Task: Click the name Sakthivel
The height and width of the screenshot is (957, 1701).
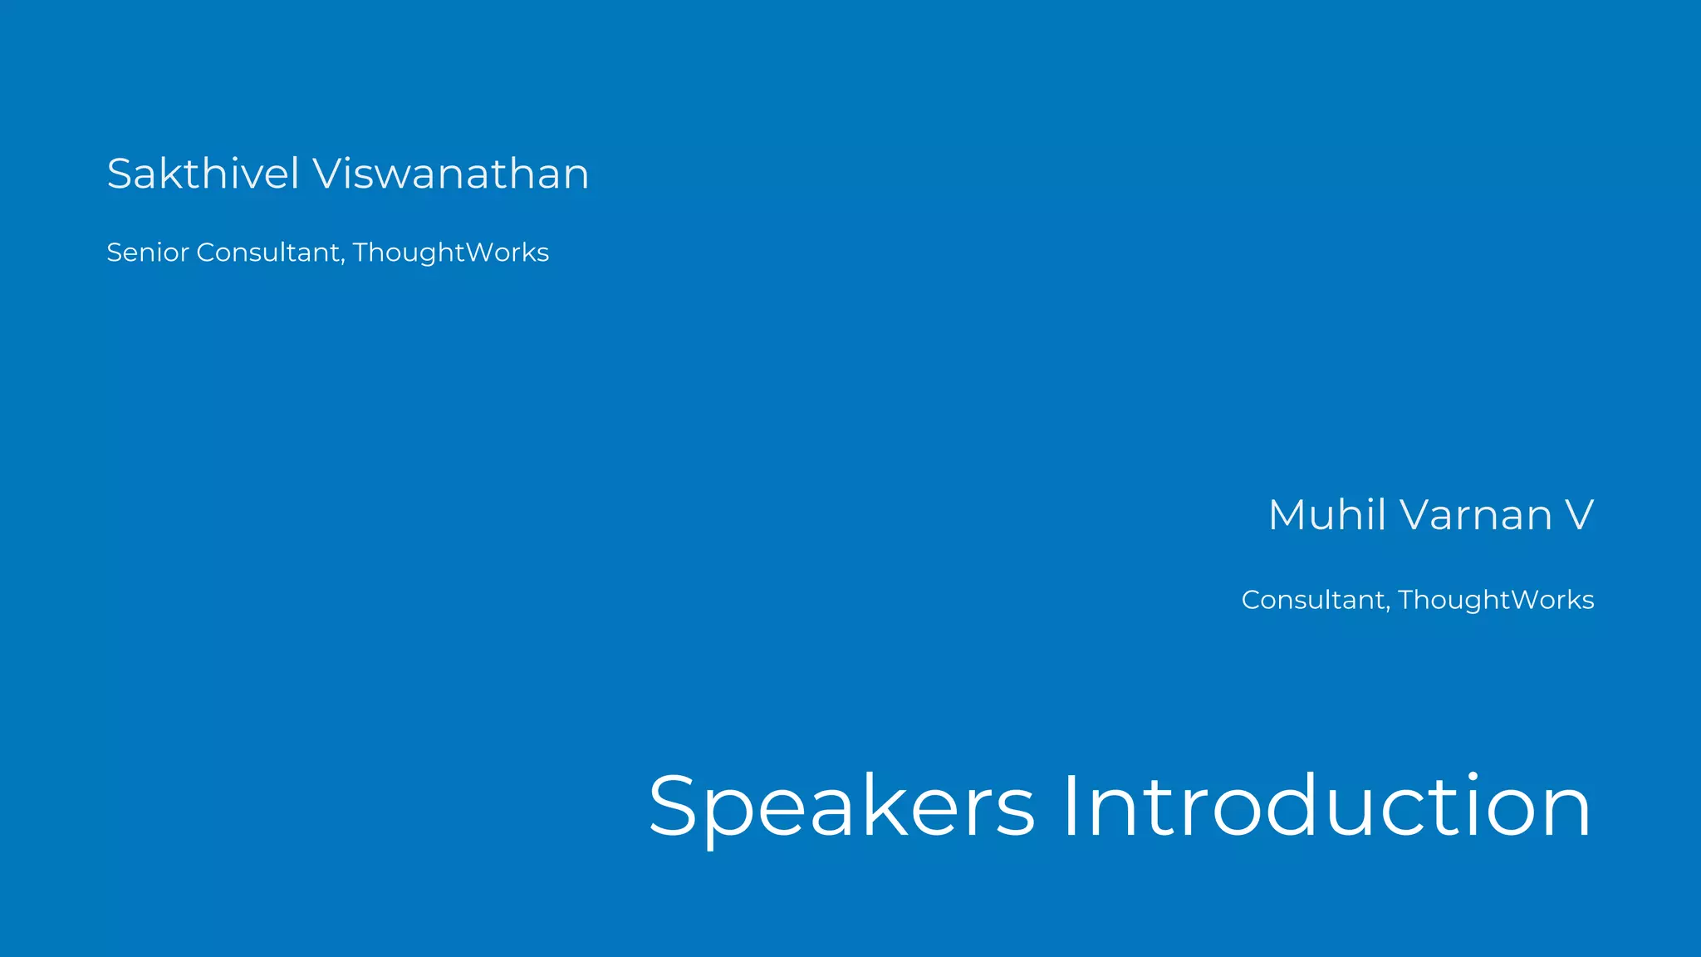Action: [203, 174]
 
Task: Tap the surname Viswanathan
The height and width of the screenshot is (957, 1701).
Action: [451, 174]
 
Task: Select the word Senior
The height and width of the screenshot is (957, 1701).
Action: [148, 252]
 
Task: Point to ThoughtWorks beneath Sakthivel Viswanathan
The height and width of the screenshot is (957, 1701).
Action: [451, 253]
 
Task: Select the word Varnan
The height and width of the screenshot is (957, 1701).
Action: [1476, 514]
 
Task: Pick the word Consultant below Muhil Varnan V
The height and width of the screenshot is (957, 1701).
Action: [1313, 599]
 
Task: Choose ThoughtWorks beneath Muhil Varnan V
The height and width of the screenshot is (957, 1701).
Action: [1496, 600]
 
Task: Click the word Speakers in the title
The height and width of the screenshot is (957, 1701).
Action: [841, 807]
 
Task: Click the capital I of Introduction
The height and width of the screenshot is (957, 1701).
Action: [1070, 806]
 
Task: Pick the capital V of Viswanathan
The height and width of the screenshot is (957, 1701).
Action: [327, 174]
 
